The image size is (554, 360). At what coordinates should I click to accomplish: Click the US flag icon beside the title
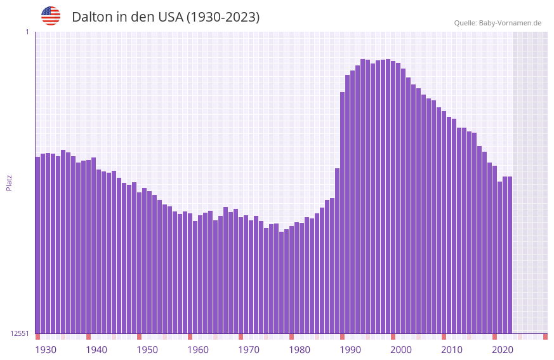[51, 16]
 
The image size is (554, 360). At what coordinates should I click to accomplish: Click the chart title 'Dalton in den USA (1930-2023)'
[166, 17]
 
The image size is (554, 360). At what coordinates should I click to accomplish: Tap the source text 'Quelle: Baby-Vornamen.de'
[498, 23]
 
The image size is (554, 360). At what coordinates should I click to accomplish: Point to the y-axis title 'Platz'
[9, 182]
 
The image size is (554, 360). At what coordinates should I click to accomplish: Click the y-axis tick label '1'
[27, 32]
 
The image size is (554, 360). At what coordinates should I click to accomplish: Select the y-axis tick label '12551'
[20, 333]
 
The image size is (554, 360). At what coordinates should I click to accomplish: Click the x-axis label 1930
[46, 350]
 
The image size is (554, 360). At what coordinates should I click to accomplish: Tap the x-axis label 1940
[96, 350]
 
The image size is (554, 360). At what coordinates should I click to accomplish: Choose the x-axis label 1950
[147, 350]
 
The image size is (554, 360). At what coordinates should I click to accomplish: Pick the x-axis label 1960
[198, 350]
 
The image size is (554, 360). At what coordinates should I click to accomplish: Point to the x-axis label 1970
[249, 350]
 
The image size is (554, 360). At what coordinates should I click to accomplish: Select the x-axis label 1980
[300, 350]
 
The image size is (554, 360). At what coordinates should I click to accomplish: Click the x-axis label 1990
[350, 350]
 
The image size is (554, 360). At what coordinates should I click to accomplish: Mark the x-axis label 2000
[401, 350]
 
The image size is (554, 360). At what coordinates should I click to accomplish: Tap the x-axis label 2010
[452, 350]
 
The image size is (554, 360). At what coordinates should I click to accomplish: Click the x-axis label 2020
[503, 350]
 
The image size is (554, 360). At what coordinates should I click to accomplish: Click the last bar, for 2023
[510, 255]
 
